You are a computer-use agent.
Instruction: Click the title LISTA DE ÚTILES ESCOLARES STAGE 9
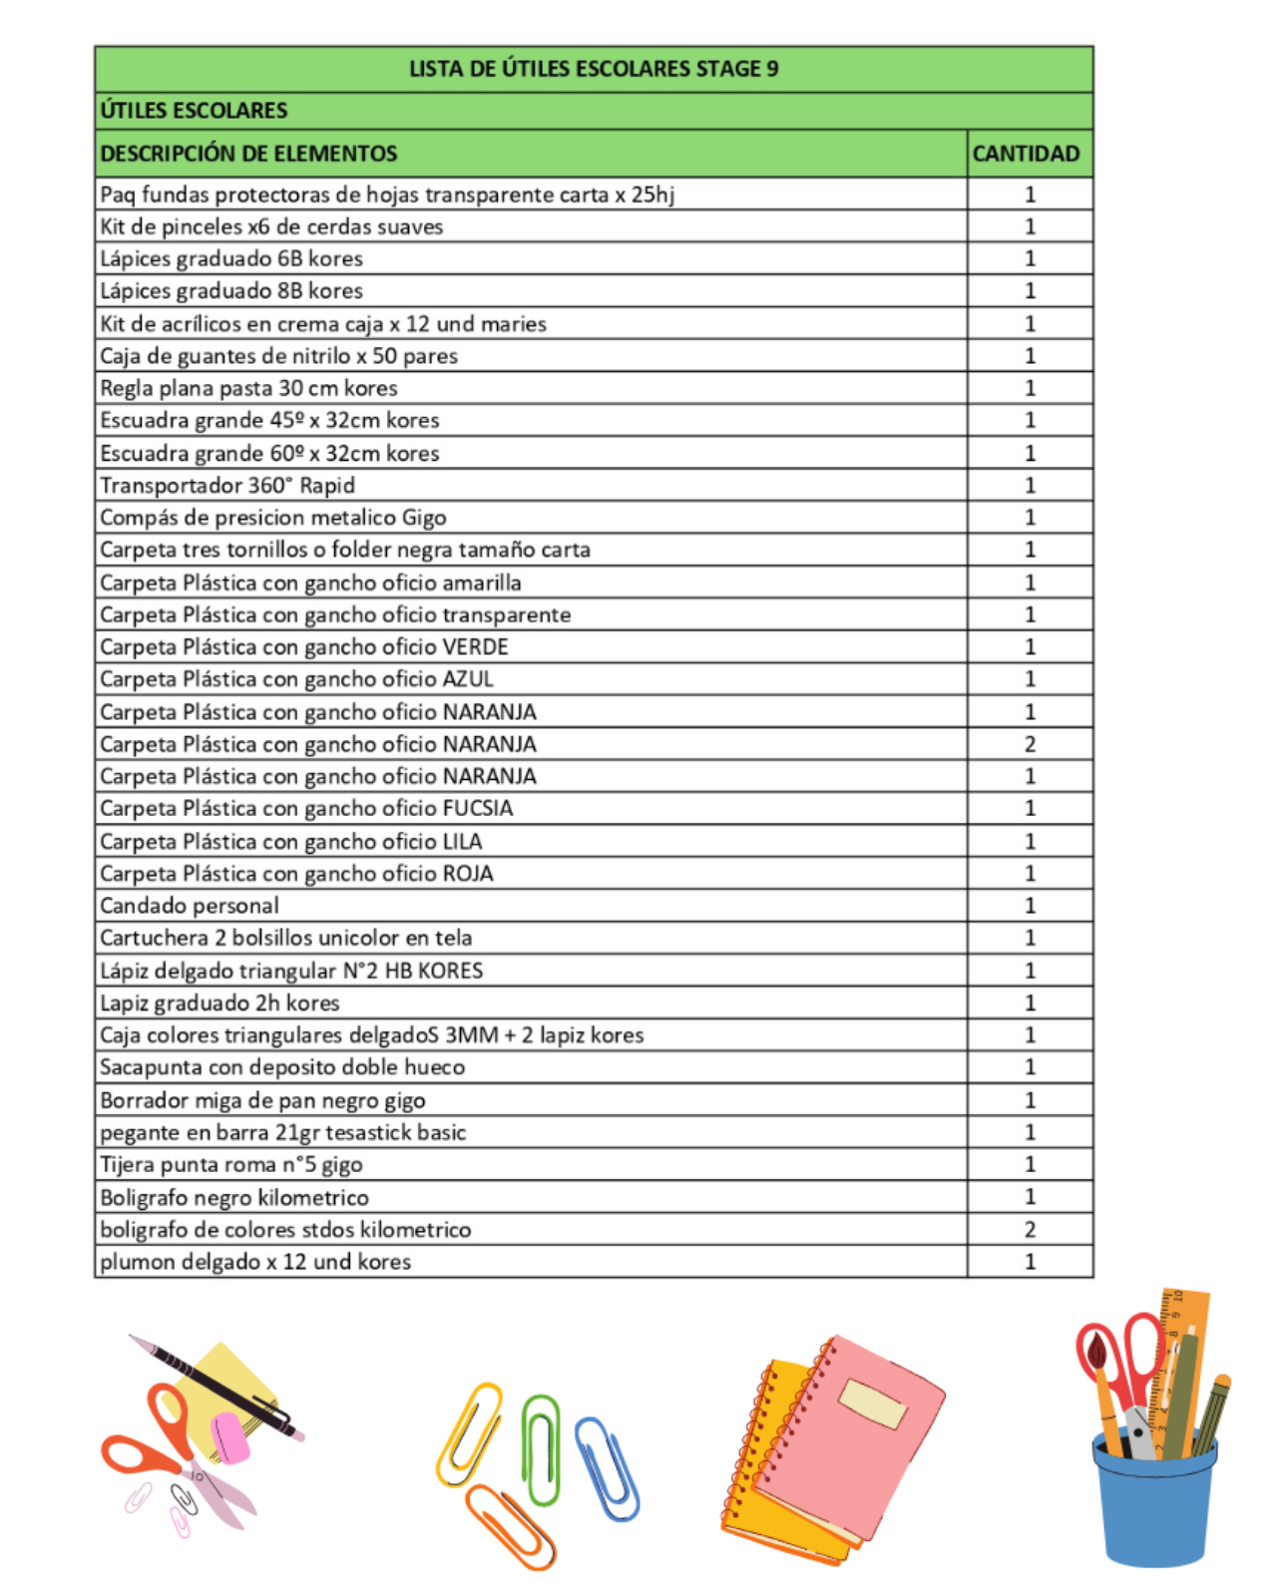[x=594, y=69]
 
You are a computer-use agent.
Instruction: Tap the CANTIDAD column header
[x=1026, y=154]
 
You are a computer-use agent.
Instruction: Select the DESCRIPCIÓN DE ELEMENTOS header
[x=248, y=154]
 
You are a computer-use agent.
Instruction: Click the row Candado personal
[x=190, y=906]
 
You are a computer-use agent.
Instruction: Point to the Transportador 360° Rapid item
[x=227, y=486]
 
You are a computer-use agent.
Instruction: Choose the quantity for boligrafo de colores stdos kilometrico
[x=1030, y=1229]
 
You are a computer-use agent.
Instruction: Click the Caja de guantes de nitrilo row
[x=278, y=356]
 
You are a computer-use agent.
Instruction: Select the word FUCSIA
[x=477, y=808]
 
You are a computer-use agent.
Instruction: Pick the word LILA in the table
[x=462, y=841]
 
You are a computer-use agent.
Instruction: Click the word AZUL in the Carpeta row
[x=468, y=679]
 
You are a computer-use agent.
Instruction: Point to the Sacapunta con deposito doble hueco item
[x=282, y=1067]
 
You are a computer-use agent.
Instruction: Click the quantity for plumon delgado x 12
[x=1030, y=1262]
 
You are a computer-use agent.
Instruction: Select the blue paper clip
[x=607, y=1466]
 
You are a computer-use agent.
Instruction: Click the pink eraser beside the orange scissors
[x=230, y=1436]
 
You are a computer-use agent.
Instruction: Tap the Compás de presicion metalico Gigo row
[x=272, y=518]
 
